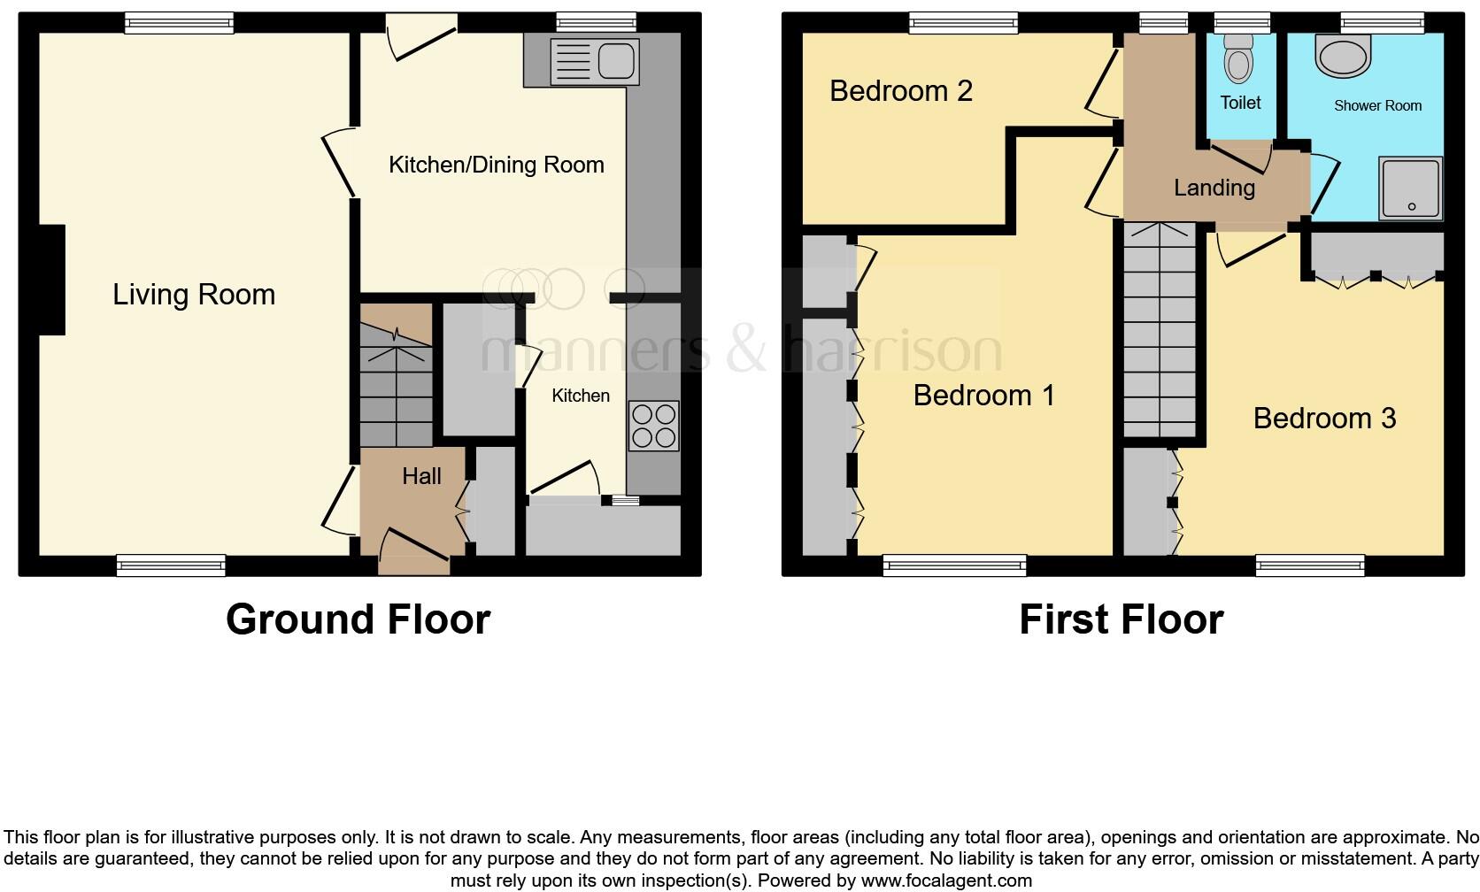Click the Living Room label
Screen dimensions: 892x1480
[194, 295]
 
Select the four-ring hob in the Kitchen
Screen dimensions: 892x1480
[653, 426]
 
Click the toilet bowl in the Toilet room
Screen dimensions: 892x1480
[1238, 61]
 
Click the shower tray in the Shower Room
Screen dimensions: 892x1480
[1410, 188]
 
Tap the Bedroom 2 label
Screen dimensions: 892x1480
[900, 90]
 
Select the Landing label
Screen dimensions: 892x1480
[1214, 188]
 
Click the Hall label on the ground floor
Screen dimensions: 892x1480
[421, 476]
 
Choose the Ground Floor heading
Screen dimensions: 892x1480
[358, 619]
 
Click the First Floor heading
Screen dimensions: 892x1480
[1121, 619]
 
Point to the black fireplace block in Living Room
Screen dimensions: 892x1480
[51, 280]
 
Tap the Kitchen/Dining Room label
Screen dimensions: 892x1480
[496, 165]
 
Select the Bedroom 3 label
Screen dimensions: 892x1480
[1324, 418]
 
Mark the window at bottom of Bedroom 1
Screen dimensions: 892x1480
[954, 565]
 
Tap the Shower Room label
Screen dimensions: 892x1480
[1377, 105]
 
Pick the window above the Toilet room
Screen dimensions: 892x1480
[1241, 23]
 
